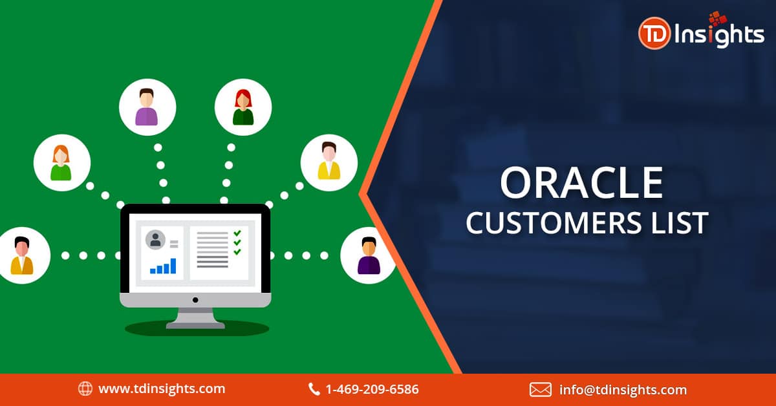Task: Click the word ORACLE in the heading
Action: tap(581, 182)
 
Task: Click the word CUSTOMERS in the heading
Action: tap(554, 223)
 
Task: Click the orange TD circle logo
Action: tap(654, 34)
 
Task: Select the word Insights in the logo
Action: tap(719, 36)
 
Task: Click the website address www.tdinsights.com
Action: tap(162, 389)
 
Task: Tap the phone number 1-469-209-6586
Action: tap(372, 389)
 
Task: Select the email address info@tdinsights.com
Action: tap(623, 390)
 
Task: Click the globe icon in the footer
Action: tap(85, 389)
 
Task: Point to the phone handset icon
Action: tap(314, 389)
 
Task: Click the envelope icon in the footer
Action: tap(541, 390)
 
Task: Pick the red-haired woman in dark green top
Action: tap(243, 107)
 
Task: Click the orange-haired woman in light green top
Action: tap(62, 163)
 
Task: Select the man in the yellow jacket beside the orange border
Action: tap(329, 163)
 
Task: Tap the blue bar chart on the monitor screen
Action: tap(163, 266)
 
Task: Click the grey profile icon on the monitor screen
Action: tap(155, 240)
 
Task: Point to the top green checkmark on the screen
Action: tap(237, 233)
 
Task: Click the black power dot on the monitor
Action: tap(195, 300)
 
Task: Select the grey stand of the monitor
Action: tap(195, 318)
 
